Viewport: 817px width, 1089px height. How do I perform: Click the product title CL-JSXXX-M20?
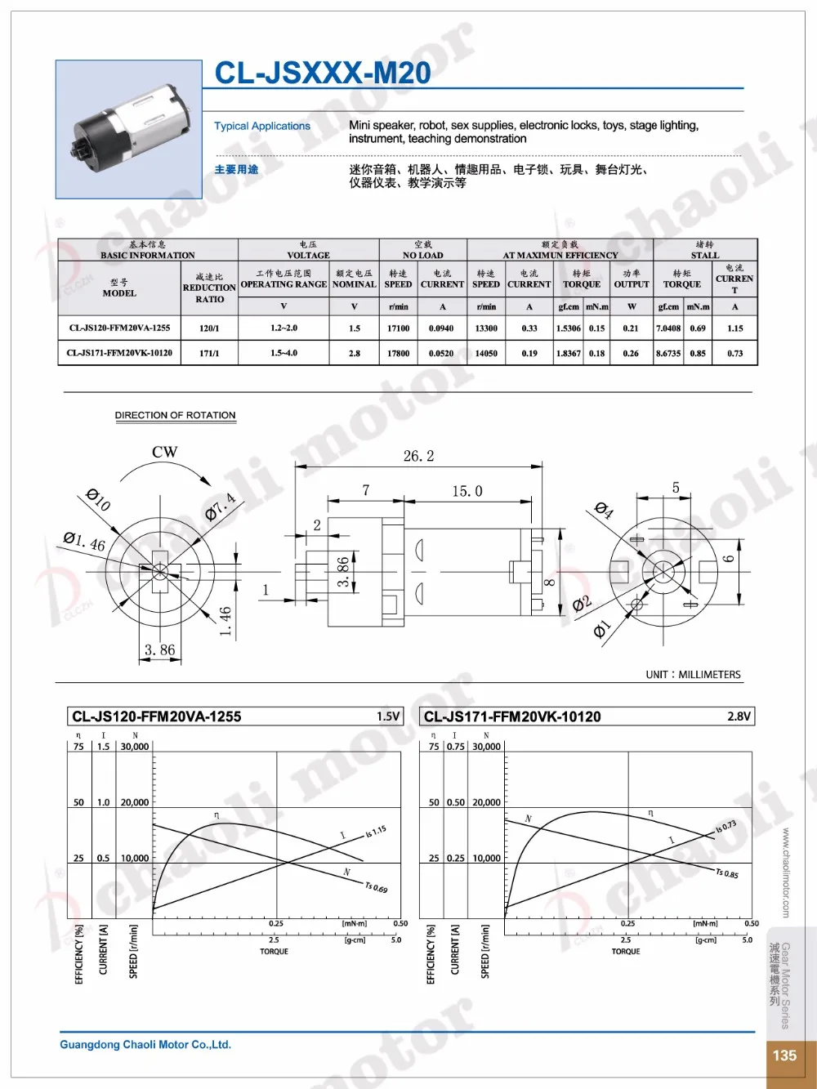tap(322, 73)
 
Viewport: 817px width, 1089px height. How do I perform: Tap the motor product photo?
tap(129, 129)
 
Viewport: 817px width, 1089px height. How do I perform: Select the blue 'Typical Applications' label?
tap(262, 126)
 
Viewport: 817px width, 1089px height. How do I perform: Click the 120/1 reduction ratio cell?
tap(209, 328)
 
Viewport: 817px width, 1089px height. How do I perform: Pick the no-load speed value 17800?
tap(398, 353)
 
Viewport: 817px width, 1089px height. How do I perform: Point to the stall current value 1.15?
tap(734, 328)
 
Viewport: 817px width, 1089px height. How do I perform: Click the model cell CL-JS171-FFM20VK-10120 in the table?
tap(119, 353)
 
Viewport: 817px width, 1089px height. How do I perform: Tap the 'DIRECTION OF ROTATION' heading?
tap(175, 415)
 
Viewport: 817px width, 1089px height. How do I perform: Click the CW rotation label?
tap(164, 452)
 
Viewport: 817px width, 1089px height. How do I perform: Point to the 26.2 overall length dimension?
tap(418, 456)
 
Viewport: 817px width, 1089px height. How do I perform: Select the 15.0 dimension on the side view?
tap(467, 491)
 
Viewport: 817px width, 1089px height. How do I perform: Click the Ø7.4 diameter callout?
tap(220, 507)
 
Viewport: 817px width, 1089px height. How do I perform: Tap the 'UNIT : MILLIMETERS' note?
tap(693, 675)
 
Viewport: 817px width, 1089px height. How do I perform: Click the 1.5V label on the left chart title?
tap(388, 716)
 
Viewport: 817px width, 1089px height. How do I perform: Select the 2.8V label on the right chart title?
tap(739, 716)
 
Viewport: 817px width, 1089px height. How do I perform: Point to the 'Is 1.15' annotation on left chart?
tap(376, 832)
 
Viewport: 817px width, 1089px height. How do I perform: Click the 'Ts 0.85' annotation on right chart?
tap(726, 873)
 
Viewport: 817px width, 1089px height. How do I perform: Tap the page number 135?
tap(784, 1055)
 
